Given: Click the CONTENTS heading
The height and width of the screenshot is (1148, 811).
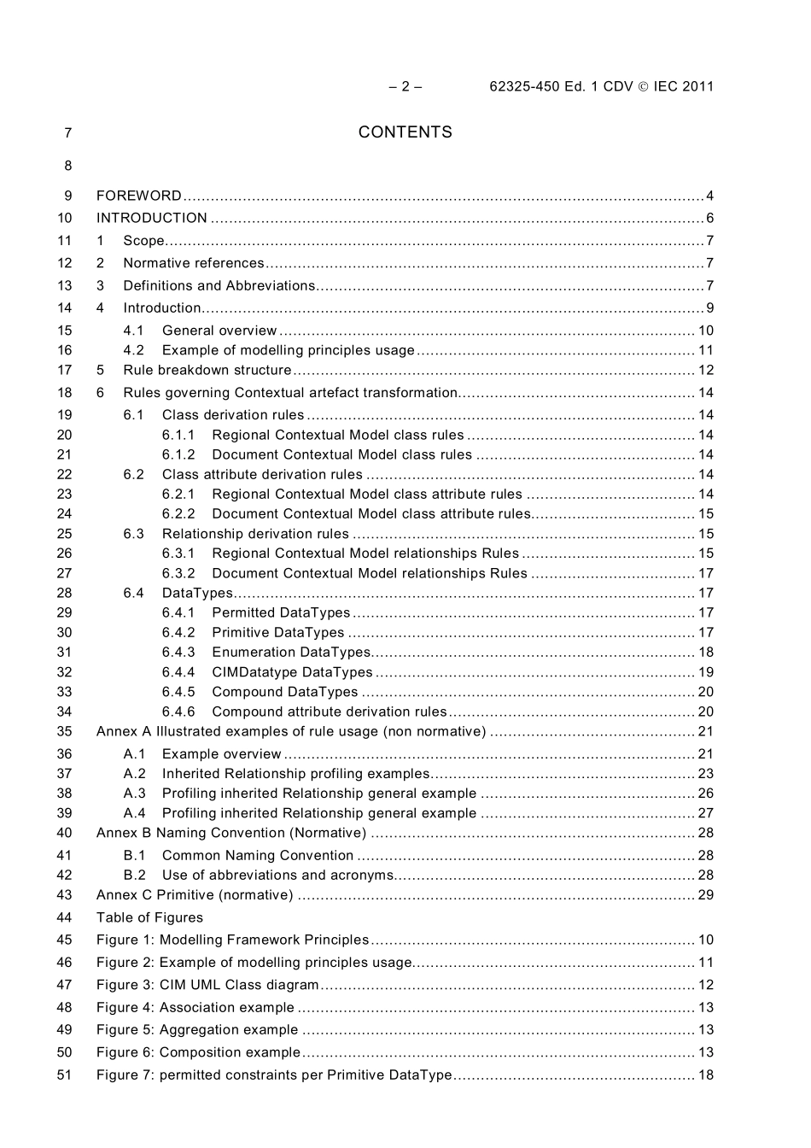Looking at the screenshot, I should pyautogui.click(x=405, y=132).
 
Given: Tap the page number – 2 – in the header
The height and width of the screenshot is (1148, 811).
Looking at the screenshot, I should pyautogui.click(x=405, y=86).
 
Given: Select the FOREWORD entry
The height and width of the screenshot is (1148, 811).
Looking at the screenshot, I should pyautogui.click(x=138, y=196).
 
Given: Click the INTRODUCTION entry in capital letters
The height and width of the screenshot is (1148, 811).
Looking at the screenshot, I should pyautogui.click(x=151, y=218).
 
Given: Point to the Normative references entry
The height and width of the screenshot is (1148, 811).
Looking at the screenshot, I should pyautogui.click(x=193, y=263).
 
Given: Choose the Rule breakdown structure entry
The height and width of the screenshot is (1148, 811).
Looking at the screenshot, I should pyautogui.click(x=207, y=370).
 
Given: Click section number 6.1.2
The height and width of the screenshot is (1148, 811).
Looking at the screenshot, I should pyautogui.click(x=178, y=454).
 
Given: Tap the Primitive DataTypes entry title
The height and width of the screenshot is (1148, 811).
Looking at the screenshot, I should pyautogui.click(x=277, y=632).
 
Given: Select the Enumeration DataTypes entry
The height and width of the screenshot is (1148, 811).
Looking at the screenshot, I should pyautogui.click(x=290, y=652).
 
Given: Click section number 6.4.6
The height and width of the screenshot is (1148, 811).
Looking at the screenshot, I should pyautogui.click(x=178, y=712).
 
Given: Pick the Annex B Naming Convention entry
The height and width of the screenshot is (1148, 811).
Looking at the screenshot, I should pyautogui.click(x=230, y=833).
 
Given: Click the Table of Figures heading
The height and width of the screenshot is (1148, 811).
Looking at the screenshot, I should pyautogui.click(x=149, y=917).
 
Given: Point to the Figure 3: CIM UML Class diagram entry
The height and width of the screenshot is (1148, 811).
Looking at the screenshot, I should pyautogui.click(x=207, y=985).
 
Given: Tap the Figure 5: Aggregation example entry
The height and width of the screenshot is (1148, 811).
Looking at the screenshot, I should pyautogui.click(x=197, y=1030).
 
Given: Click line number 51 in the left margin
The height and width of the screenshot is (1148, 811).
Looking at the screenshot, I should pyautogui.click(x=64, y=1075).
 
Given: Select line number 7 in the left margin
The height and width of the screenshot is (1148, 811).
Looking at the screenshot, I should pyautogui.click(x=67, y=132).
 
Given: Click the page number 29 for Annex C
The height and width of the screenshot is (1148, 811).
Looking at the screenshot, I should pyautogui.click(x=705, y=895).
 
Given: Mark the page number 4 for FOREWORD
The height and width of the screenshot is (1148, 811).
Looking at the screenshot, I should pyautogui.click(x=709, y=196).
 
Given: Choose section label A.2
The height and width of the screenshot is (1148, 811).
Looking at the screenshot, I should pyautogui.click(x=134, y=774).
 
